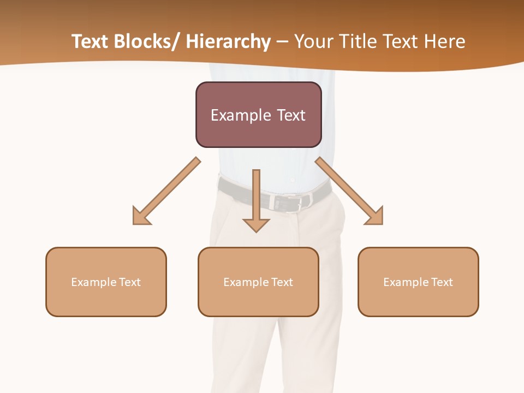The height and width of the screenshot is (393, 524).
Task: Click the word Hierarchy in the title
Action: click(x=228, y=41)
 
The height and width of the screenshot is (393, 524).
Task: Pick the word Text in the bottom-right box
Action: click(x=442, y=282)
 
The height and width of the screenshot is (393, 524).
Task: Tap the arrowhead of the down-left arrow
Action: click(x=141, y=216)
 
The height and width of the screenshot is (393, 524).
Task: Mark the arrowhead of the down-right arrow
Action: click(x=374, y=216)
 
